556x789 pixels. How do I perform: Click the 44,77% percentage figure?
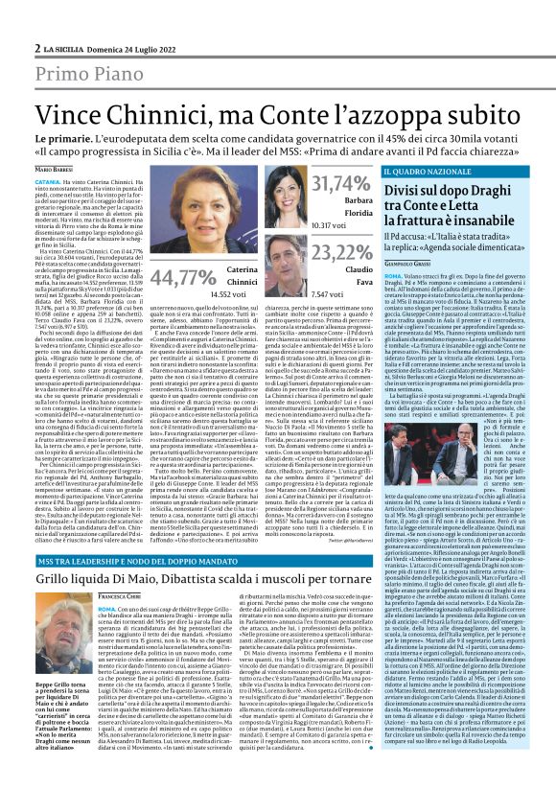point(183,279)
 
